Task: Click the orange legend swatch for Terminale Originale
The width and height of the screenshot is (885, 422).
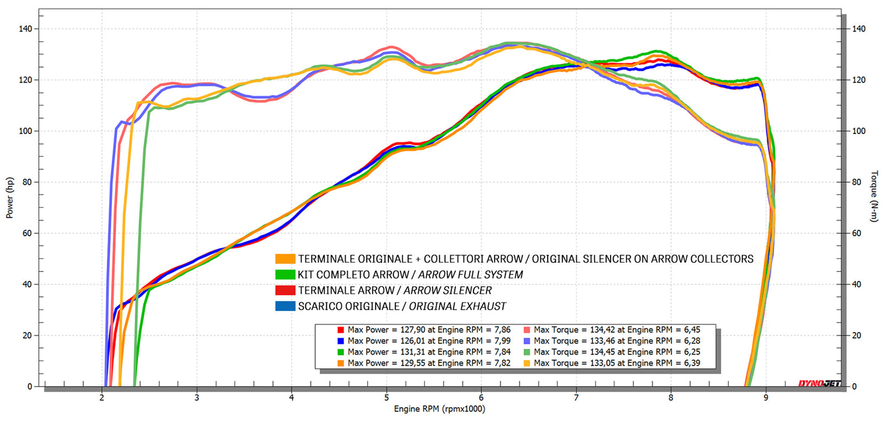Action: [x=285, y=259]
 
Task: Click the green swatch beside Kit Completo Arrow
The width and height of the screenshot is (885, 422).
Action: [x=285, y=274]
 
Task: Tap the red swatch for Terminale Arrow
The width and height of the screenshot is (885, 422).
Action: [x=285, y=290]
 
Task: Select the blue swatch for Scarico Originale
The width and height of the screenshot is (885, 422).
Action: [x=285, y=306]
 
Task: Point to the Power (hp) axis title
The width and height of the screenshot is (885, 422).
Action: [x=9, y=197]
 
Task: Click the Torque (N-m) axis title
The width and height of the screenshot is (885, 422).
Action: [x=874, y=196]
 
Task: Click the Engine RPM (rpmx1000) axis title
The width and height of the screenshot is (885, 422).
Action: [x=439, y=409]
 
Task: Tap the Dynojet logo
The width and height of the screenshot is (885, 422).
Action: [x=819, y=383]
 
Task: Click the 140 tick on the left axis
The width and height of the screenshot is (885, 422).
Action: [x=25, y=29]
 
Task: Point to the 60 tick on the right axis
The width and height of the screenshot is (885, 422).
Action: [x=856, y=233]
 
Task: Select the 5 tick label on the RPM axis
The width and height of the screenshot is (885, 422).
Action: [x=387, y=398]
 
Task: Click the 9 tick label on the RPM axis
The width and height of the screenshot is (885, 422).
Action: [x=766, y=398]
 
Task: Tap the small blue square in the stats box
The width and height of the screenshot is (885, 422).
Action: [x=341, y=341]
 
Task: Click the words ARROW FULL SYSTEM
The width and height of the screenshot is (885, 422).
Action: [x=470, y=275]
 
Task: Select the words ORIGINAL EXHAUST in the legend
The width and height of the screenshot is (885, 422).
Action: [x=457, y=306]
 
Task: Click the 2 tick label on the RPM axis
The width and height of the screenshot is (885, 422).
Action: [x=102, y=398]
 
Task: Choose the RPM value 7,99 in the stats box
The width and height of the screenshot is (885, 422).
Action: [x=502, y=341]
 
